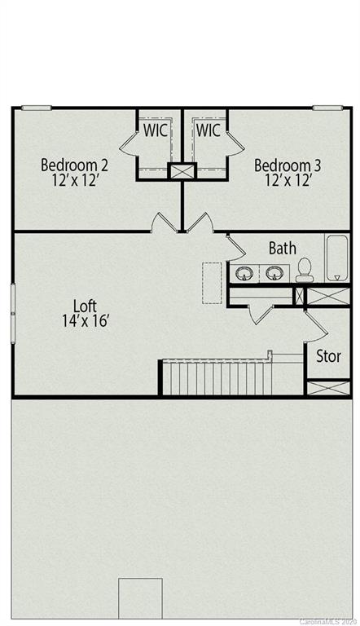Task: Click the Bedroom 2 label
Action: pyautogui.click(x=75, y=165)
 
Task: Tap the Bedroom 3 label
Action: pyautogui.click(x=288, y=165)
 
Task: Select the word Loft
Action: pyautogui.click(x=86, y=306)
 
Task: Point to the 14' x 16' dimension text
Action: pyautogui.click(x=86, y=321)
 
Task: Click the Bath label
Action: pyautogui.click(x=283, y=249)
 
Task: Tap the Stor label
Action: pyautogui.click(x=328, y=356)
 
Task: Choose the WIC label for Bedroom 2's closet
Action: pyautogui.click(x=156, y=130)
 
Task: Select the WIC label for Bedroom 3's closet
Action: pyautogui.click(x=208, y=130)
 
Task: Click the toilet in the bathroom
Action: pyautogui.click(x=305, y=270)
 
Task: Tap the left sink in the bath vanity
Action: pyautogui.click(x=244, y=273)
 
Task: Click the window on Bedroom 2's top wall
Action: pyautogui.click(x=37, y=108)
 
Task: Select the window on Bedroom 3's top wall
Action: pyautogui.click(x=327, y=108)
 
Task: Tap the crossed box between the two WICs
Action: pyautogui.click(x=182, y=171)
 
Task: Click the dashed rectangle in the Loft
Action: pyautogui.click(x=213, y=283)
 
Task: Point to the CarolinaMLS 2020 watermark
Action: pyautogui.click(x=329, y=621)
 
